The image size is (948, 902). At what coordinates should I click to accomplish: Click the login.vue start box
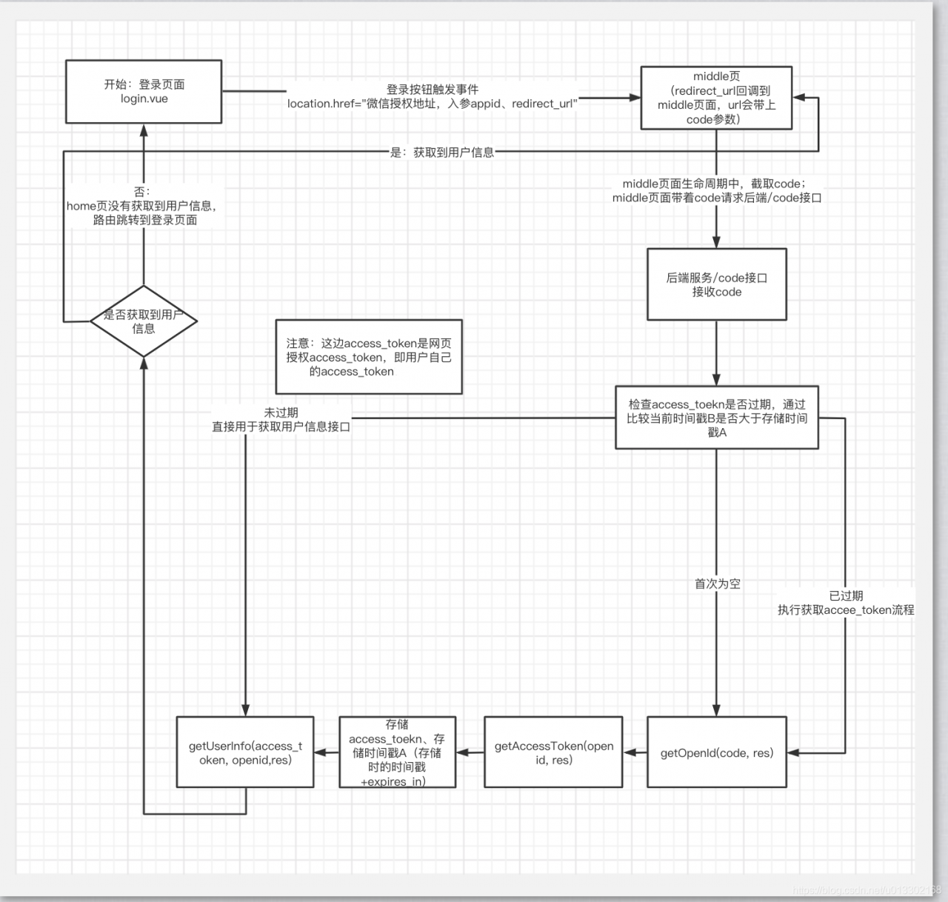(144, 91)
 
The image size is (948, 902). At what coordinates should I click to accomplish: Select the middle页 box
(716, 98)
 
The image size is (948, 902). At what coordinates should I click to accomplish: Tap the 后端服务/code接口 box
(716, 284)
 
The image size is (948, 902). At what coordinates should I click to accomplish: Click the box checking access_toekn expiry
(716, 418)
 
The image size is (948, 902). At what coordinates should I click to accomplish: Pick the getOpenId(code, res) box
(716, 752)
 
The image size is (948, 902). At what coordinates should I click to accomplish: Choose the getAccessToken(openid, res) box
(553, 752)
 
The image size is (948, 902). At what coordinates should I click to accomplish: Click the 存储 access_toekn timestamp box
(397, 752)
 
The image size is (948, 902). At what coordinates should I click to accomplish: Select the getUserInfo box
(245, 752)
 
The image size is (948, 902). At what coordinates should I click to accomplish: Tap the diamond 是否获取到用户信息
(144, 321)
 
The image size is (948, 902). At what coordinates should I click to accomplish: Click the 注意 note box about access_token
(369, 357)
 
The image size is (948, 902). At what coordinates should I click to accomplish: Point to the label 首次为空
(717, 584)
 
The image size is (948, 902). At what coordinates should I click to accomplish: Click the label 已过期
(846, 595)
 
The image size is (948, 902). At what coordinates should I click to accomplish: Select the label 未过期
(281, 412)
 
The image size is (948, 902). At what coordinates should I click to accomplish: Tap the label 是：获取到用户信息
(442, 153)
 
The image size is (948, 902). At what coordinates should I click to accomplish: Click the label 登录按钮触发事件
(433, 89)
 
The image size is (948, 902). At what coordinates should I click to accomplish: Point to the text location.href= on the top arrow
(323, 104)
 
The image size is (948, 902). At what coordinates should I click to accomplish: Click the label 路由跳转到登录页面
(145, 220)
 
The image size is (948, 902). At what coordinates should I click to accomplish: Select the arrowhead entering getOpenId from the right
(792, 753)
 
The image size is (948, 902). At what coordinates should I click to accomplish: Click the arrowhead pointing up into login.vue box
(144, 130)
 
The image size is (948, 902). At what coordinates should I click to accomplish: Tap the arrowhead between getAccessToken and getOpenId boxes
(630, 753)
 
